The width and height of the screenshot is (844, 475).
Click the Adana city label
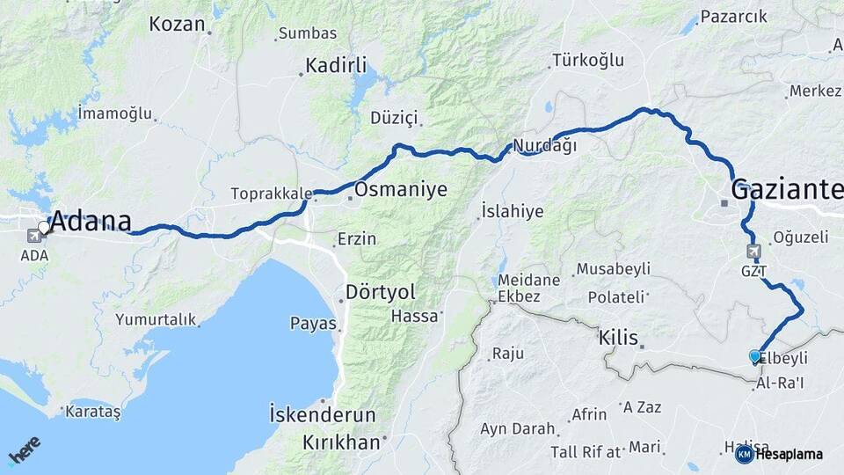(x=91, y=222)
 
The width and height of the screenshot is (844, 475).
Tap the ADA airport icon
(x=35, y=235)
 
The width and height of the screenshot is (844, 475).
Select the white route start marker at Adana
(x=44, y=227)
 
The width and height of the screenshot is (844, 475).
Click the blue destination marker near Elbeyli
(x=754, y=356)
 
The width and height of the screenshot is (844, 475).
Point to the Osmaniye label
(x=400, y=189)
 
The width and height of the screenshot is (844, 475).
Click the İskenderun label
(x=323, y=414)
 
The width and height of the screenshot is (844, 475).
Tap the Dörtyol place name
(x=381, y=291)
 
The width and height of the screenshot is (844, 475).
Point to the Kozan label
(x=177, y=24)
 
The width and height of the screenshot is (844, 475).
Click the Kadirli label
(x=336, y=65)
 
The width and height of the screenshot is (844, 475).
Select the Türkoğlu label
(x=587, y=61)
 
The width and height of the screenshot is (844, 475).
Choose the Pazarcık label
(x=734, y=17)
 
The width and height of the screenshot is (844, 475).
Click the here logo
(x=24, y=450)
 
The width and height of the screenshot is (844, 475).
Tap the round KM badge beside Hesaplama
(x=744, y=454)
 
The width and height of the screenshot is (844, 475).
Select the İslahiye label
(x=513, y=211)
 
